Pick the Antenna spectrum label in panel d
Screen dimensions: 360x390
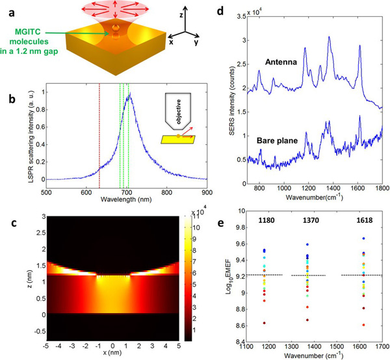(x=281, y=64)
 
